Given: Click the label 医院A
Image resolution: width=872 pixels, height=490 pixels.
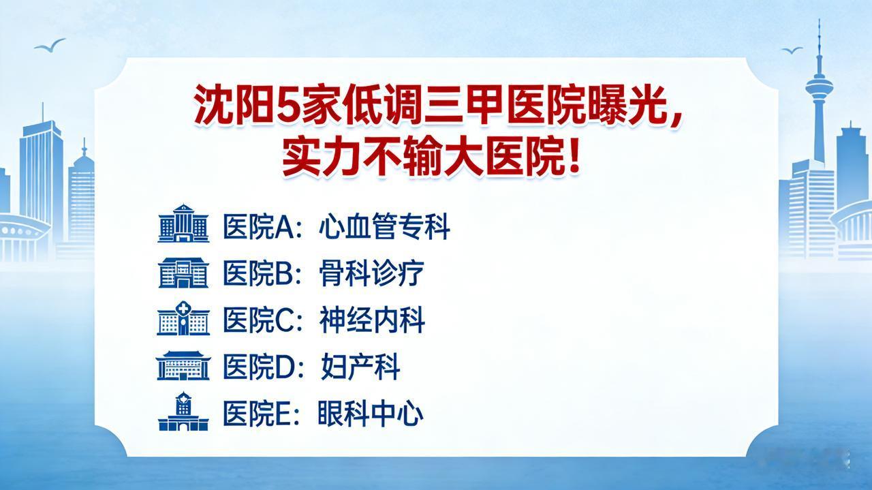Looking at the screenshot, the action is coord(258,227).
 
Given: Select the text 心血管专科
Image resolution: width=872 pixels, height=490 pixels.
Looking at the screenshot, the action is coord(385,227).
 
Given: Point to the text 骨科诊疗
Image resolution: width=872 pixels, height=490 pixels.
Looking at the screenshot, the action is coord(371,273).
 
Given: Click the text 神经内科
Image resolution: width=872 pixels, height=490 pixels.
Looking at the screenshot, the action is coord(372,320).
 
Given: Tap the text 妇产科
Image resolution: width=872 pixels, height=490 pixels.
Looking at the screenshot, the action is coord(360,367).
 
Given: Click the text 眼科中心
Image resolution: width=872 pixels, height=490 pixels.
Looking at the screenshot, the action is coord(370,414).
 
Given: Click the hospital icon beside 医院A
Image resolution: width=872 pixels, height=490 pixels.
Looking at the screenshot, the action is coord(183,223).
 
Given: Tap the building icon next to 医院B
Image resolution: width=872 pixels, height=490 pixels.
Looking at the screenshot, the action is coord(183,273).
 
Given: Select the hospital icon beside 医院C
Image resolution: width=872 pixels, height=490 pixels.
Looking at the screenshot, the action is coord(183,318).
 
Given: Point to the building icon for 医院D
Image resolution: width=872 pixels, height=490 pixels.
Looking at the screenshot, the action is coord(183,365).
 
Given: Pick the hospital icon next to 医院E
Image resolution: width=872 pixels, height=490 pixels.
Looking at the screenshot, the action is coord(183,412).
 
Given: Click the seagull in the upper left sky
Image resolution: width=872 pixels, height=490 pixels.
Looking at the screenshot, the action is coord(50,45).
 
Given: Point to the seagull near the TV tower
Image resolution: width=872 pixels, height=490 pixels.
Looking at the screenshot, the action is coord(792,50).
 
